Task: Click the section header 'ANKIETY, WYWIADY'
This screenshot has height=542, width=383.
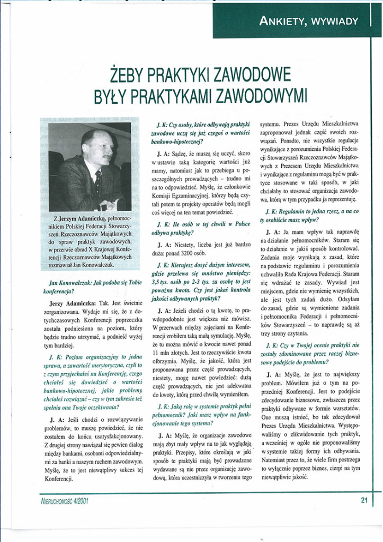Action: click(x=309, y=22)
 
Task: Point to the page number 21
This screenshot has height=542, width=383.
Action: click(x=364, y=500)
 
